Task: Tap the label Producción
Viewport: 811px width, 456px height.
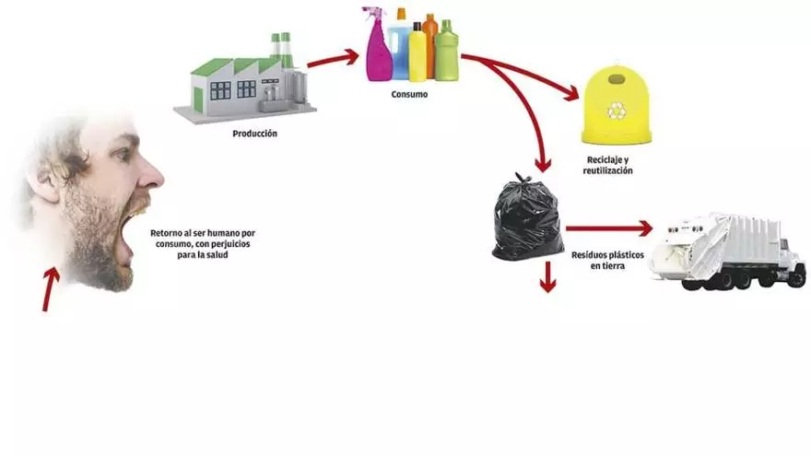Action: [x=255, y=134]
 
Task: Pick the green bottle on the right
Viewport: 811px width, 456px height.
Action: [x=446, y=52]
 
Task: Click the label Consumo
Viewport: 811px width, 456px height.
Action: [x=409, y=93]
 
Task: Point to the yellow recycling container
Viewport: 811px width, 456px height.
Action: [x=616, y=104]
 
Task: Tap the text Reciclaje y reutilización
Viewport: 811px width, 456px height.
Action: [x=608, y=166]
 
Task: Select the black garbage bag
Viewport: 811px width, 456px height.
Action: [x=526, y=217]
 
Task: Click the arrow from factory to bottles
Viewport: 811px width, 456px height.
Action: [x=332, y=61]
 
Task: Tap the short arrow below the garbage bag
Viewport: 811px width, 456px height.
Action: [x=548, y=276]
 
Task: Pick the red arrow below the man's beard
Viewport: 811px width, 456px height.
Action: [x=50, y=288]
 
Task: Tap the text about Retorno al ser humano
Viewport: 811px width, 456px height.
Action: [x=202, y=244]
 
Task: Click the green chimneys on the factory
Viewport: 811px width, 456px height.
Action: [x=280, y=49]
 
